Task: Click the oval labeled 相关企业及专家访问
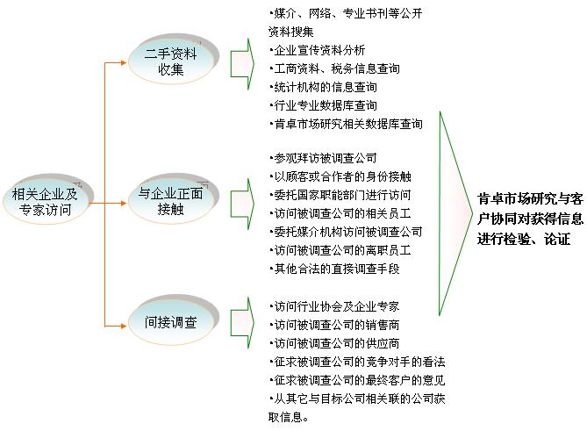(46, 202)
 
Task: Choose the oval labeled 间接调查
(171, 322)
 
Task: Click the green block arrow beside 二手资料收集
(242, 64)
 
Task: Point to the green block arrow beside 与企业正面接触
(242, 204)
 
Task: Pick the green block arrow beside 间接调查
(242, 323)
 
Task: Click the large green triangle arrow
(455, 213)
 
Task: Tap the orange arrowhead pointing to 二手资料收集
(124, 62)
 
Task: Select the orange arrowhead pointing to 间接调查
(124, 326)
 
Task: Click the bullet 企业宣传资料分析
(317, 50)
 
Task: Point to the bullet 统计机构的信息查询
(323, 87)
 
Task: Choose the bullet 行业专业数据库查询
(323, 105)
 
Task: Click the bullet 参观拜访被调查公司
(323, 158)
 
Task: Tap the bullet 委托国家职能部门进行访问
(340, 195)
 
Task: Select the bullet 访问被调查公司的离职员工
(340, 250)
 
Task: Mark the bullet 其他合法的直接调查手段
(334, 269)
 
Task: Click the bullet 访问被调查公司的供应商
(334, 343)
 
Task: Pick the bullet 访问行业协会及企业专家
(334, 306)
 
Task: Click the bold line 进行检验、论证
(524, 239)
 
